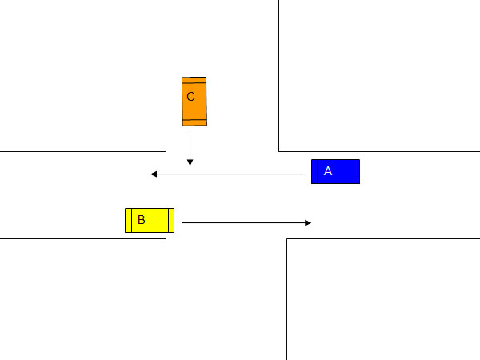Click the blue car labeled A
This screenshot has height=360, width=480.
(x=335, y=171)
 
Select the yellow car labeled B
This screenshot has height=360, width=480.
(x=150, y=221)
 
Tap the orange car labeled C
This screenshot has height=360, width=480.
(x=194, y=102)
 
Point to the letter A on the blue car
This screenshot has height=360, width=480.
(x=328, y=171)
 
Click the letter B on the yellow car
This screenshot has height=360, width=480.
(x=141, y=220)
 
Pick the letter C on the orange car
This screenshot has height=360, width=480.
(x=190, y=97)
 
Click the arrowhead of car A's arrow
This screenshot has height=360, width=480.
(x=154, y=174)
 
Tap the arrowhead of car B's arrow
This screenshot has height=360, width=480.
(x=308, y=223)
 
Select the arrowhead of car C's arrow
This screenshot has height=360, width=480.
(x=190, y=162)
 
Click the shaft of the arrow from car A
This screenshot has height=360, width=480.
(x=227, y=174)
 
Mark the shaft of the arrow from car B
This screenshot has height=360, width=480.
(x=246, y=223)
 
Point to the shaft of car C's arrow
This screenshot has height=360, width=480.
(x=190, y=150)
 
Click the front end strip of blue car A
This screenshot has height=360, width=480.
(x=314, y=171)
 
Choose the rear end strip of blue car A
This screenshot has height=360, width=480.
(x=357, y=171)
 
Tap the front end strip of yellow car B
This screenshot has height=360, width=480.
(x=171, y=221)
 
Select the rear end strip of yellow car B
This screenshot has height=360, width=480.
(x=128, y=221)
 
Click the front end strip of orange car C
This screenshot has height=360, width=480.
(x=194, y=122)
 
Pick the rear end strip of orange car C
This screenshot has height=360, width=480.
(x=194, y=80)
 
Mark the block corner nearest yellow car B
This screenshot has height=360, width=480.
(x=166, y=238)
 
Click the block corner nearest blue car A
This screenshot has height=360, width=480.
(x=279, y=151)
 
